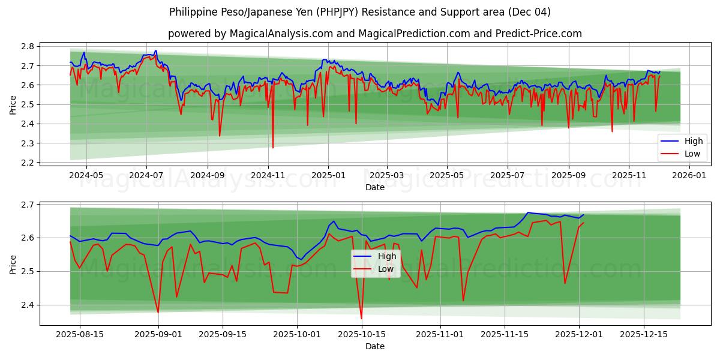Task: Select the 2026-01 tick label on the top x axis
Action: (689, 176)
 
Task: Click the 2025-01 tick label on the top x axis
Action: (328, 176)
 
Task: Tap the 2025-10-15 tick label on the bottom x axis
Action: (361, 335)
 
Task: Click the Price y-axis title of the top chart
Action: (13, 104)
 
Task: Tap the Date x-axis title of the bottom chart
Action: (375, 346)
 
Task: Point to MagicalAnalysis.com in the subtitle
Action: (281, 34)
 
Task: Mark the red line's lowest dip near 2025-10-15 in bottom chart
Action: (361, 319)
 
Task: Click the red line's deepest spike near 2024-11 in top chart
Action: (273, 148)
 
